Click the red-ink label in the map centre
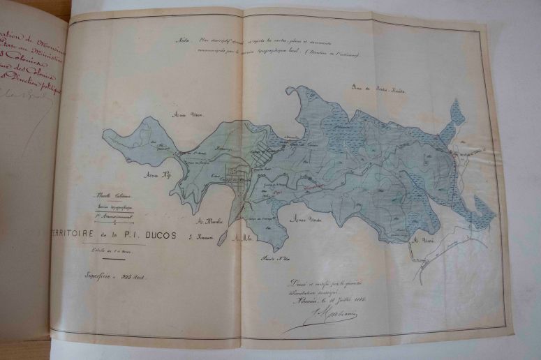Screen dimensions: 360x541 313,186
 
